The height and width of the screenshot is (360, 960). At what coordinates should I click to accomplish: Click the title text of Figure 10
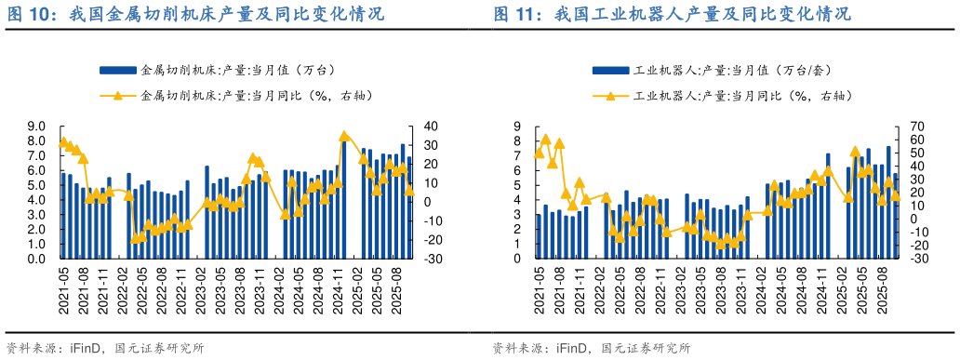195,15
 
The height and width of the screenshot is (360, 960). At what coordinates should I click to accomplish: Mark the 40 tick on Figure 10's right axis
431,127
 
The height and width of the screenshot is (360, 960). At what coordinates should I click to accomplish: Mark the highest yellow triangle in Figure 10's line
344,136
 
